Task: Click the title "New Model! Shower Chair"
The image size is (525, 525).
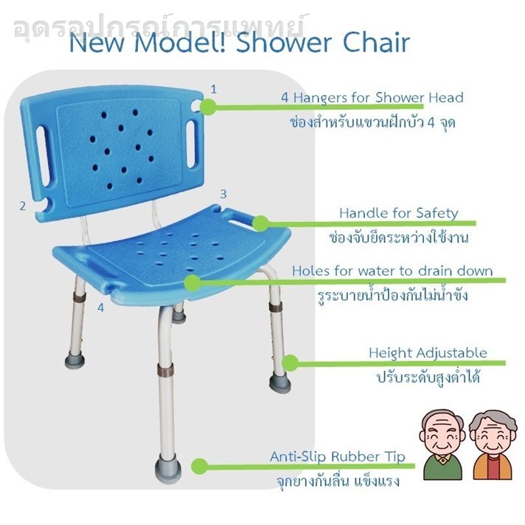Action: [240, 43]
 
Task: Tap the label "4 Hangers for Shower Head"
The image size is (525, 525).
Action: [372, 97]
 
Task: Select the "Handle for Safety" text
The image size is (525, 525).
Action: [398, 213]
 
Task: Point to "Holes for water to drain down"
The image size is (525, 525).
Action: [392, 271]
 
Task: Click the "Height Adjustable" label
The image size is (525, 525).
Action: [428, 353]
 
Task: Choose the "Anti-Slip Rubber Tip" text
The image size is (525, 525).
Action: [338, 456]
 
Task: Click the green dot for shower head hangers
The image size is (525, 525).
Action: [208, 107]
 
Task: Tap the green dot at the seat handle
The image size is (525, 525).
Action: [261, 223]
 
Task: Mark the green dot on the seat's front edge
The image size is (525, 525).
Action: [192, 283]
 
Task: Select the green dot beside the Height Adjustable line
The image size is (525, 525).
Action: [291, 363]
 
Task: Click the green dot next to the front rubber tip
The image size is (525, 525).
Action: [200, 467]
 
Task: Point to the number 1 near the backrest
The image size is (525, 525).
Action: [214, 89]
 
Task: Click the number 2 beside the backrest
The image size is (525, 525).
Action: [22, 206]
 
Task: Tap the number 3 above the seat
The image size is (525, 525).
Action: [223, 194]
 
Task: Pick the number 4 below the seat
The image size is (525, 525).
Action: [101, 307]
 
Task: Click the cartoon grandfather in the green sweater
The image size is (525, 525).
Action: [442, 445]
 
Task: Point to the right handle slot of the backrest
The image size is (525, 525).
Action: [190, 144]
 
